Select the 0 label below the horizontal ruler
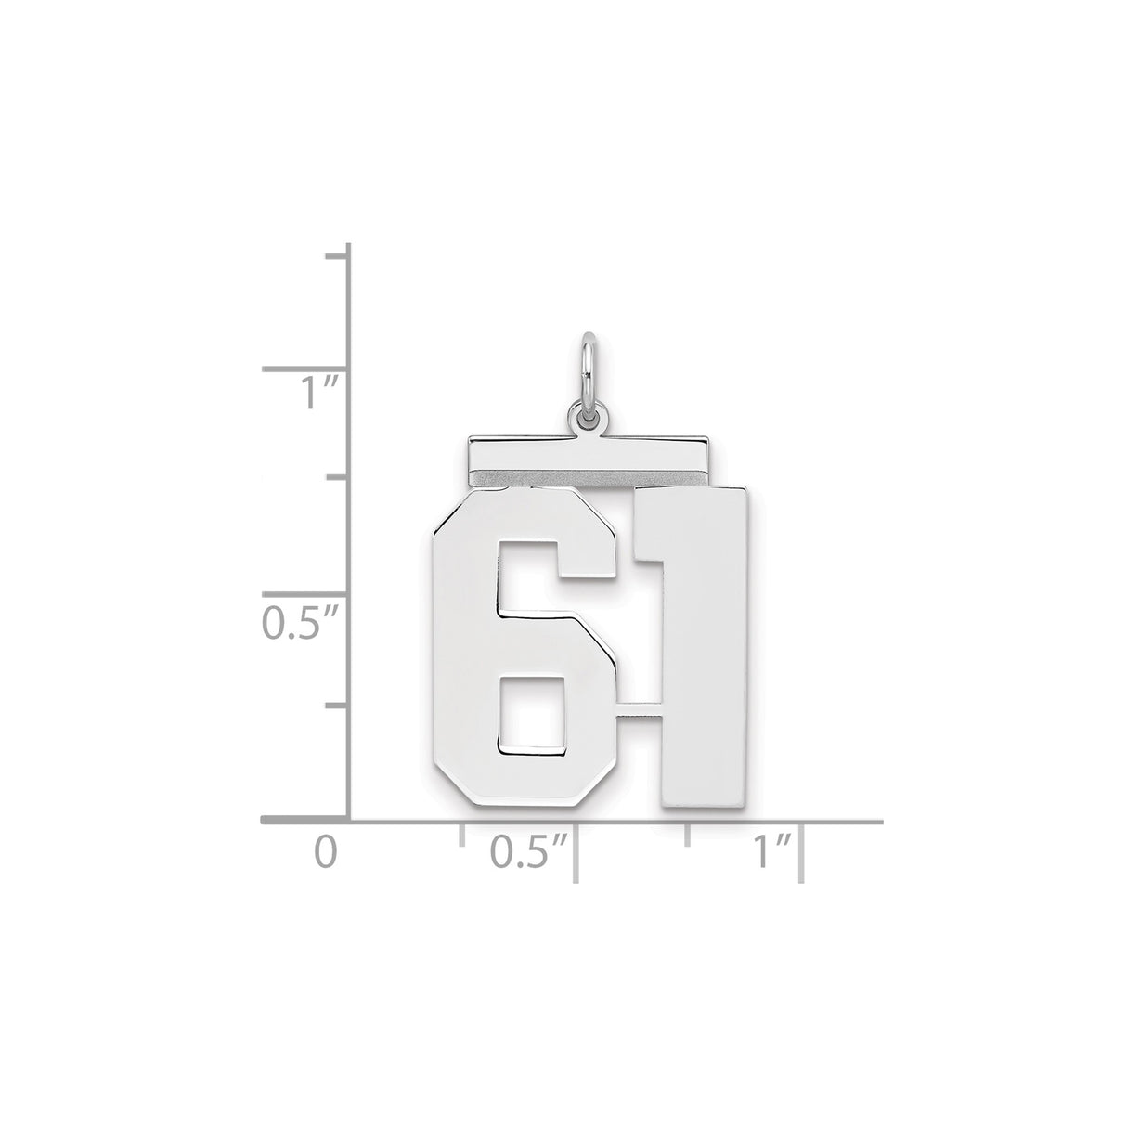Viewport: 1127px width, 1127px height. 323,851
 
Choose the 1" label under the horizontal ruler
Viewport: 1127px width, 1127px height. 769,851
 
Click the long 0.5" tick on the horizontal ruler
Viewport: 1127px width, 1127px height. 576,850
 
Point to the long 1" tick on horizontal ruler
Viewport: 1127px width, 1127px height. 801,850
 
